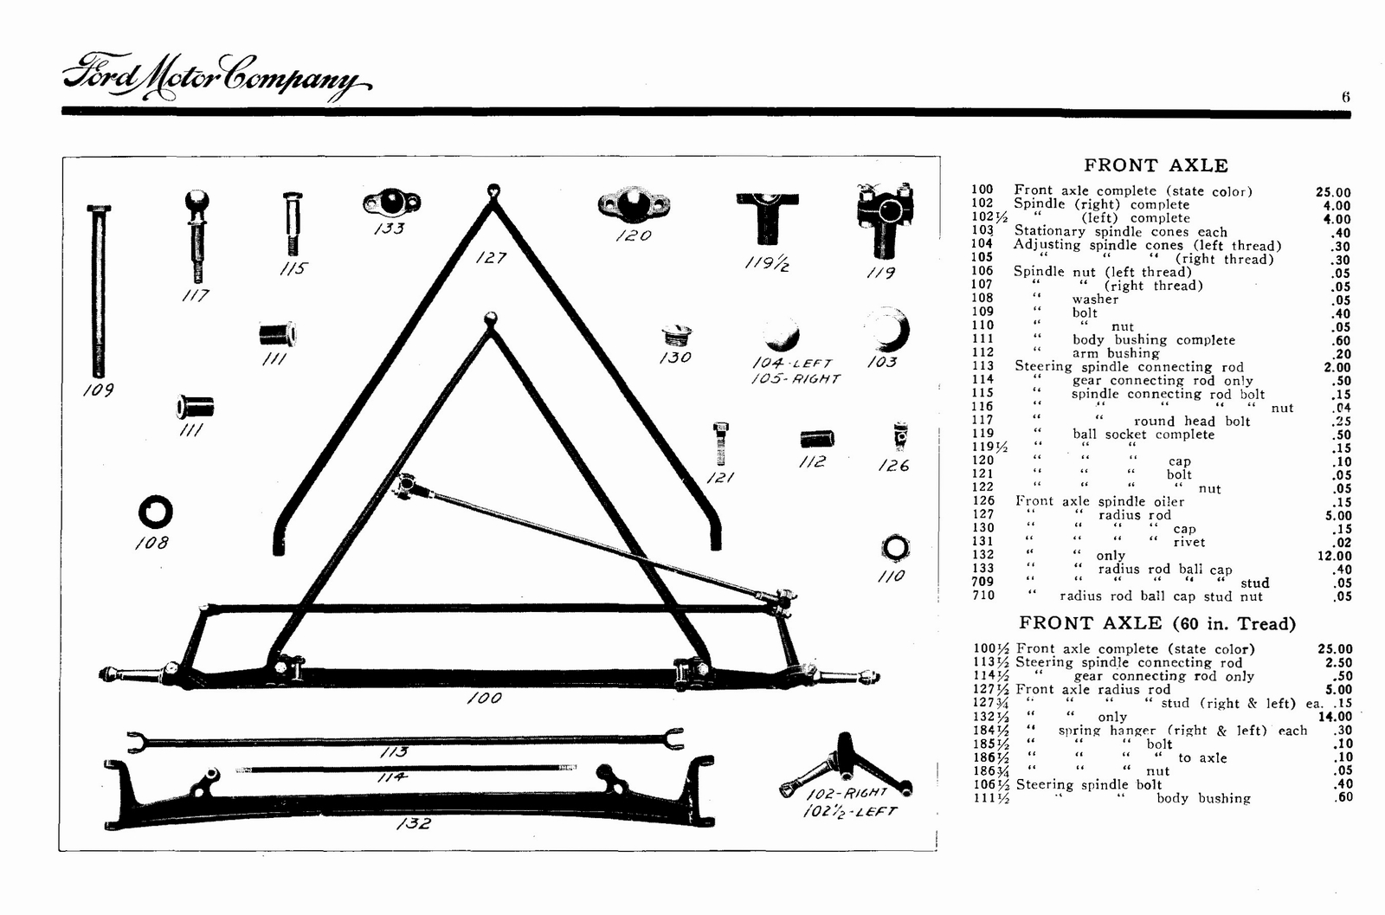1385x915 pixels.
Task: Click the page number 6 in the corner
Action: click(1345, 98)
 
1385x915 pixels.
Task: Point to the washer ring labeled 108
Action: click(155, 512)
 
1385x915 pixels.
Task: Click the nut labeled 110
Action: click(894, 548)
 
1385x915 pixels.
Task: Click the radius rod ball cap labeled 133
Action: click(391, 203)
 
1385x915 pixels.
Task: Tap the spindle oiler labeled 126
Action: click(900, 436)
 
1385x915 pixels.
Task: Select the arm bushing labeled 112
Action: click(816, 439)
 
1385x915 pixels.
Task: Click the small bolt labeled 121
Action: click(719, 443)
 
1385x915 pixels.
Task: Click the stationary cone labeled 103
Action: click(888, 331)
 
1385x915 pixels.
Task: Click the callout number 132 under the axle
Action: click(413, 823)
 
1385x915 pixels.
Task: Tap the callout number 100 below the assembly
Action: click(484, 698)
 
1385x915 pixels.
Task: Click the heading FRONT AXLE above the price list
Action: click(1156, 165)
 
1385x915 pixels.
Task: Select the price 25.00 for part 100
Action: click(1332, 192)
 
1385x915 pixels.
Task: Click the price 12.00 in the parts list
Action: click(1334, 556)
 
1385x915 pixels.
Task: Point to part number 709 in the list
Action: click(982, 582)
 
